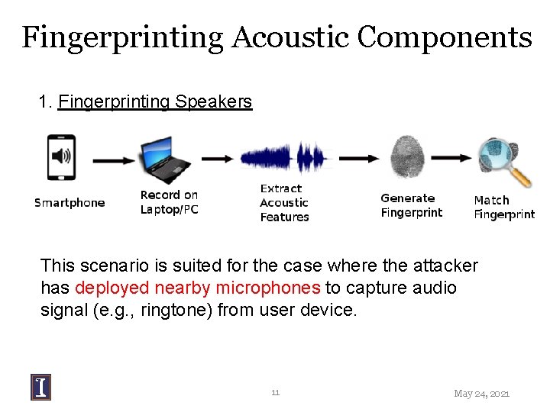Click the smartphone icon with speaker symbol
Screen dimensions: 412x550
pos(61,158)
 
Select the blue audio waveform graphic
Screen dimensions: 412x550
pos(283,159)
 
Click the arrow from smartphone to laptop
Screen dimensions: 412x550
pos(113,159)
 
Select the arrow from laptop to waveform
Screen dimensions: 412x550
pos(218,159)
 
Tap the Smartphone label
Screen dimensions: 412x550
pos(70,203)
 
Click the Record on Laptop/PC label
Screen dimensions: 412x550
pos(169,202)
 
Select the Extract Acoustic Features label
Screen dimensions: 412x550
pos(284,203)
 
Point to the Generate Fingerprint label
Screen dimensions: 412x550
pos(411,205)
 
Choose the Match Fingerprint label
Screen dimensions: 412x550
pos(503,208)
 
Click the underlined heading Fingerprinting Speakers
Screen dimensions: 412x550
pos(154,101)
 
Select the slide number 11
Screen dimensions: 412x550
pos(275,392)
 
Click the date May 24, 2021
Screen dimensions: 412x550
pos(481,394)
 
